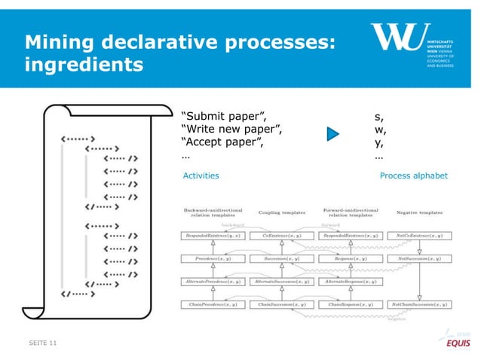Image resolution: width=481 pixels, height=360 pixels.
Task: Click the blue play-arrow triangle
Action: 333,134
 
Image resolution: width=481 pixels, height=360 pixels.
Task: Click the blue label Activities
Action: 201,175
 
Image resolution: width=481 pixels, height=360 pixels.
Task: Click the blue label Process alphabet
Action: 414,175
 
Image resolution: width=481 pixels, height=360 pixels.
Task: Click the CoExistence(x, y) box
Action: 277,236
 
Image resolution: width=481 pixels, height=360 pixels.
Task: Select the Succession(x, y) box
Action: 277,258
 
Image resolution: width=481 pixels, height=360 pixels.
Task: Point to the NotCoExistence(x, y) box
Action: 419,236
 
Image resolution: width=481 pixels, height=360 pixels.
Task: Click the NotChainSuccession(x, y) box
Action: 419,304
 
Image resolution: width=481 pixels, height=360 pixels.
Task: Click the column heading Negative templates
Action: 419,212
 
